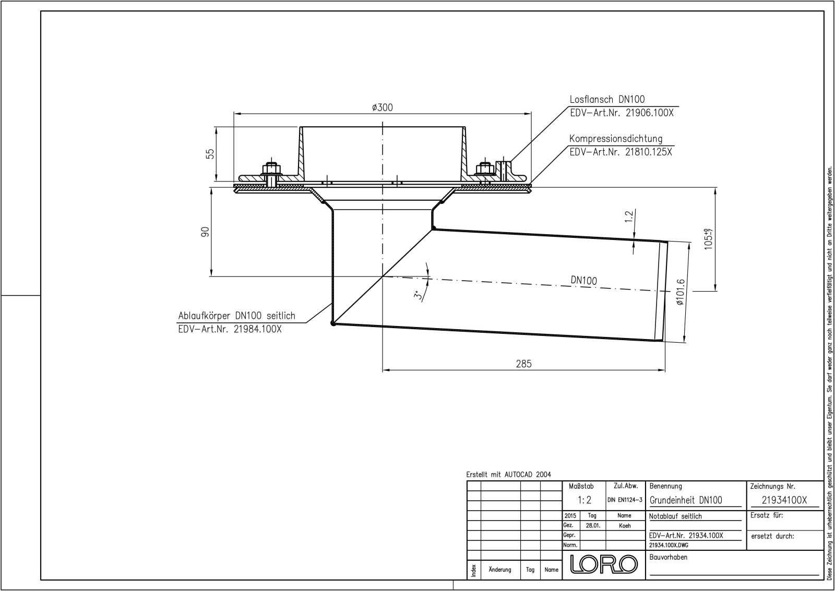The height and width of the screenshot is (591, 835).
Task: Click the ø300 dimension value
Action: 383,107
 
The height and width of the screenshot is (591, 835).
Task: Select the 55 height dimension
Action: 211,154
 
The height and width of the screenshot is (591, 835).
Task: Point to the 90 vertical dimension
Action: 205,232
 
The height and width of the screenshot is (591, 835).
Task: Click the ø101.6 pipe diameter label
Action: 680,293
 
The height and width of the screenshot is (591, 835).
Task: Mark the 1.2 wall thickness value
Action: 629,216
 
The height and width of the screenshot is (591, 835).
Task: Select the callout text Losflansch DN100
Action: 607,100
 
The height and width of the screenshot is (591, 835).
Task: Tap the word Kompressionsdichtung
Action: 616,139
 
